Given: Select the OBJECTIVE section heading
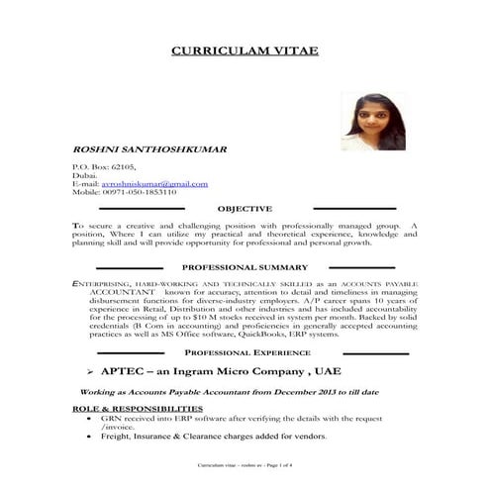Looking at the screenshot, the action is pyautogui.click(x=244, y=209).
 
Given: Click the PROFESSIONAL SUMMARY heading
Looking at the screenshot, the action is pyautogui.click(x=245, y=268).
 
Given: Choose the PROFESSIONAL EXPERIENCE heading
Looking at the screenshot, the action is pyautogui.click(x=245, y=352).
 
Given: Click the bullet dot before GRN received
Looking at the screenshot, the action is pyautogui.click(x=91, y=419).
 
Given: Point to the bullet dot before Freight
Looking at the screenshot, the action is pyautogui.click(x=91, y=437).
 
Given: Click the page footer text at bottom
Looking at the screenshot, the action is pyautogui.click(x=245, y=465).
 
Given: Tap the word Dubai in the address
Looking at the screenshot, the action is pyautogui.click(x=85, y=175).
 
